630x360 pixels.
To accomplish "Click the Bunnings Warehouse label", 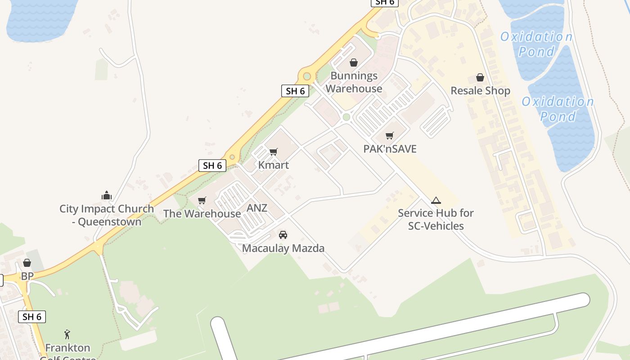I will pyautogui.click(x=354, y=82).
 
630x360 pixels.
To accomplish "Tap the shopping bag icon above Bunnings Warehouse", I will pyautogui.click(x=354, y=63).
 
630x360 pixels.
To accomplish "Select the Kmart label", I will pyautogui.click(x=274, y=165).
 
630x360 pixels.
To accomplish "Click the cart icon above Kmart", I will pyautogui.click(x=274, y=152).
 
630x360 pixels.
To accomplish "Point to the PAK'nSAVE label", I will pyautogui.click(x=390, y=148).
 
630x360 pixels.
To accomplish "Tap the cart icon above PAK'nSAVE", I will pyautogui.click(x=390, y=135).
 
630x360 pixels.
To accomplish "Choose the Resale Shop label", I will pyautogui.click(x=480, y=91).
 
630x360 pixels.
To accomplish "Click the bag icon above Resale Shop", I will pyautogui.click(x=480, y=77).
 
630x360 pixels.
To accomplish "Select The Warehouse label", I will pyautogui.click(x=202, y=213).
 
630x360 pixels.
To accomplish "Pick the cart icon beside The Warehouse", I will pyautogui.click(x=202, y=200).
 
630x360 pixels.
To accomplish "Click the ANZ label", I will pyautogui.click(x=257, y=208).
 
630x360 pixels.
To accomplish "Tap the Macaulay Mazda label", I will pyautogui.click(x=283, y=248).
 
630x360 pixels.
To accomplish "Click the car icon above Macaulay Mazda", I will pyautogui.click(x=283, y=234).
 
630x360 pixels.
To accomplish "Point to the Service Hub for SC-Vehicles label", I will pyautogui.click(x=436, y=219).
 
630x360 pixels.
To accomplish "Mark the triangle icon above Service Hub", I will pyautogui.click(x=436, y=201).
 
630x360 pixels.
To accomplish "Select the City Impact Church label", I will pyautogui.click(x=107, y=215).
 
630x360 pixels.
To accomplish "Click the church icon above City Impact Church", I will pyautogui.click(x=107, y=195).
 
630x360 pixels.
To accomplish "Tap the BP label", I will pyautogui.click(x=27, y=276).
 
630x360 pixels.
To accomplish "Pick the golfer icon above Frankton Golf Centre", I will pyautogui.click(x=67, y=334).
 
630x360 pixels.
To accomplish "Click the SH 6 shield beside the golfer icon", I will pyautogui.click(x=32, y=317).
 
